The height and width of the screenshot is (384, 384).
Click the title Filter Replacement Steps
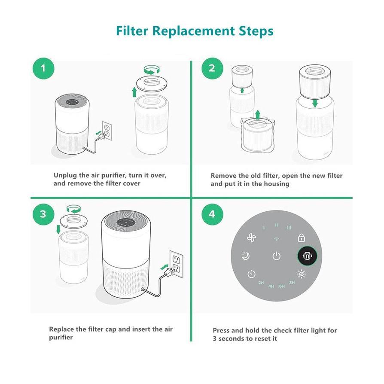click(194, 31)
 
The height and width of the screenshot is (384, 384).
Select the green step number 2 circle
click(211, 69)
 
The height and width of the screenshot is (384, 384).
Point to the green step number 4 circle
click(211, 214)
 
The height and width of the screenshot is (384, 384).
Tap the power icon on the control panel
click(277, 256)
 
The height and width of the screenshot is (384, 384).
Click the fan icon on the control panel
click(251, 238)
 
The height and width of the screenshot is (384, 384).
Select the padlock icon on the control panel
click(302, 238)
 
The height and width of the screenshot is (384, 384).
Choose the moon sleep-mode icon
click(245, 256)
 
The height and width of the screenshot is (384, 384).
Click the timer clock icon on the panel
click(251, 274)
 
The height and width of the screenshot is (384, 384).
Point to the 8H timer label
click(292, 283)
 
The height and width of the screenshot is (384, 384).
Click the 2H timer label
click(261, 283)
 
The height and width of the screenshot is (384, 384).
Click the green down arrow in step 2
click(315, 104)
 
